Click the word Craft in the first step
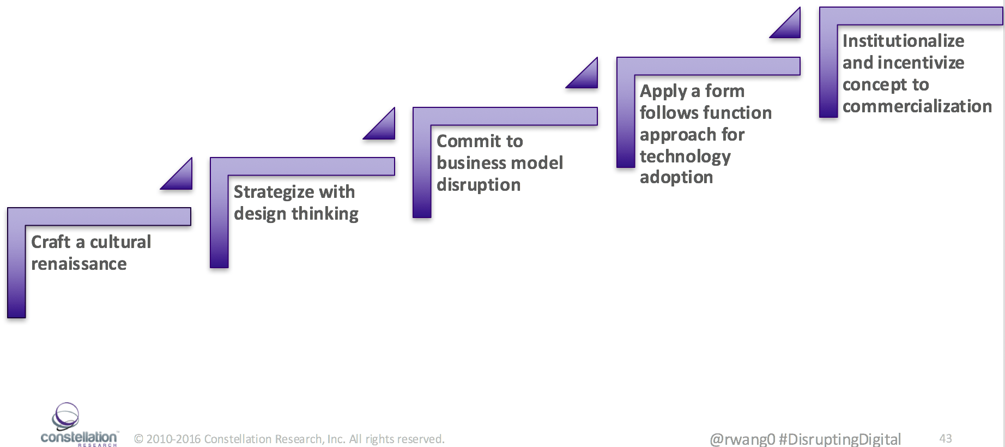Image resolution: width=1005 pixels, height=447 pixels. click(x=51, y=242)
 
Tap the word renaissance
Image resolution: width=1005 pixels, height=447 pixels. click(x=79, y=264)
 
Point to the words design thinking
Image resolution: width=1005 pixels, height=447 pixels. click(x=296, y=214)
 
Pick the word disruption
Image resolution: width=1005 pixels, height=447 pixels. click(x=479, y=185)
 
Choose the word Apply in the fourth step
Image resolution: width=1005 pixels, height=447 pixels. click(x=663, y=92)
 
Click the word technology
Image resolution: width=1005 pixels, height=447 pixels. click(x=685, y=157)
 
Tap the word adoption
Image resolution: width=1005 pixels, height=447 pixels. click(x=676, y=178)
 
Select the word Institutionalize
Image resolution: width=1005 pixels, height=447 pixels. click(x=903, y=41)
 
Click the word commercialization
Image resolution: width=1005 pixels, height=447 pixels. click(x=917, y=106)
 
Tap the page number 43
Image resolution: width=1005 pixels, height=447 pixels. click(x=946, y=438)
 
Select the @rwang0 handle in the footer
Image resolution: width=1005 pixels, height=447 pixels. click(x=742, y=439)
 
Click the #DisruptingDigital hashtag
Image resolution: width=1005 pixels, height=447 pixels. click(x=840, y=439)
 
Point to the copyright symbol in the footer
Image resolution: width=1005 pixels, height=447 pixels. click(x=138, y=439)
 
